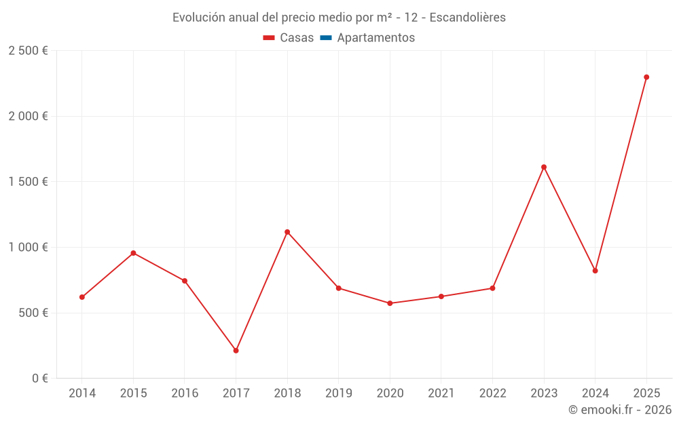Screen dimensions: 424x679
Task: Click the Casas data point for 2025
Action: click(646, 77)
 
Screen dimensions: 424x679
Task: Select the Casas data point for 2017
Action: click(236, 351)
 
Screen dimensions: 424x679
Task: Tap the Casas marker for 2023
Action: click(544, 167)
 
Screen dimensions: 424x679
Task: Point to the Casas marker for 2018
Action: click(287, 232)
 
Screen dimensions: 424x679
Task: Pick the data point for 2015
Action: click(133, 253)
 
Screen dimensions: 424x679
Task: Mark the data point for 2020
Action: click(390, 303)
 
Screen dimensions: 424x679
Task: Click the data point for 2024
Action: click(595, 271)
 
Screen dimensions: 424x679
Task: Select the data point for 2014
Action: click(82, 297)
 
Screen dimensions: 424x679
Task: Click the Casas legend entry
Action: click(289, 38)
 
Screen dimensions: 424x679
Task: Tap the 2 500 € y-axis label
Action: click(28, 51)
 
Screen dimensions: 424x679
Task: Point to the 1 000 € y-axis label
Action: click(28, 248)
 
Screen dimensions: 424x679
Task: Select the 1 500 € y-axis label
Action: click(28, 182)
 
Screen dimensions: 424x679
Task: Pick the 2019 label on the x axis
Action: click(338, 393)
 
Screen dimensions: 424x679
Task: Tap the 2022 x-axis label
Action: click(492, 393)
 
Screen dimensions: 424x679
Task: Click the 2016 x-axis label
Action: click(185, 393)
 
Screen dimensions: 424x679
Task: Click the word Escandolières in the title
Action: click(467, 18)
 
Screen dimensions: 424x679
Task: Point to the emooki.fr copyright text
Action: click(620, 410)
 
